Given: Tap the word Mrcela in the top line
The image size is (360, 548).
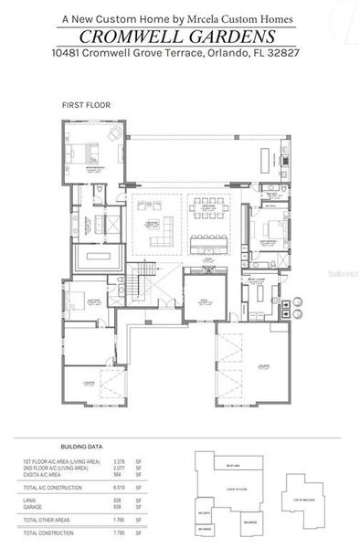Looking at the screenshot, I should pos(218,16).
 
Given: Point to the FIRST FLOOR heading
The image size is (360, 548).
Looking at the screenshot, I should pos(85,106).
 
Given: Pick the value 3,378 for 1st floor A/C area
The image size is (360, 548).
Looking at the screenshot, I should pos(119,463).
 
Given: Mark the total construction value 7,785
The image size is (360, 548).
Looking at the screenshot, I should pos(119,532).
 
